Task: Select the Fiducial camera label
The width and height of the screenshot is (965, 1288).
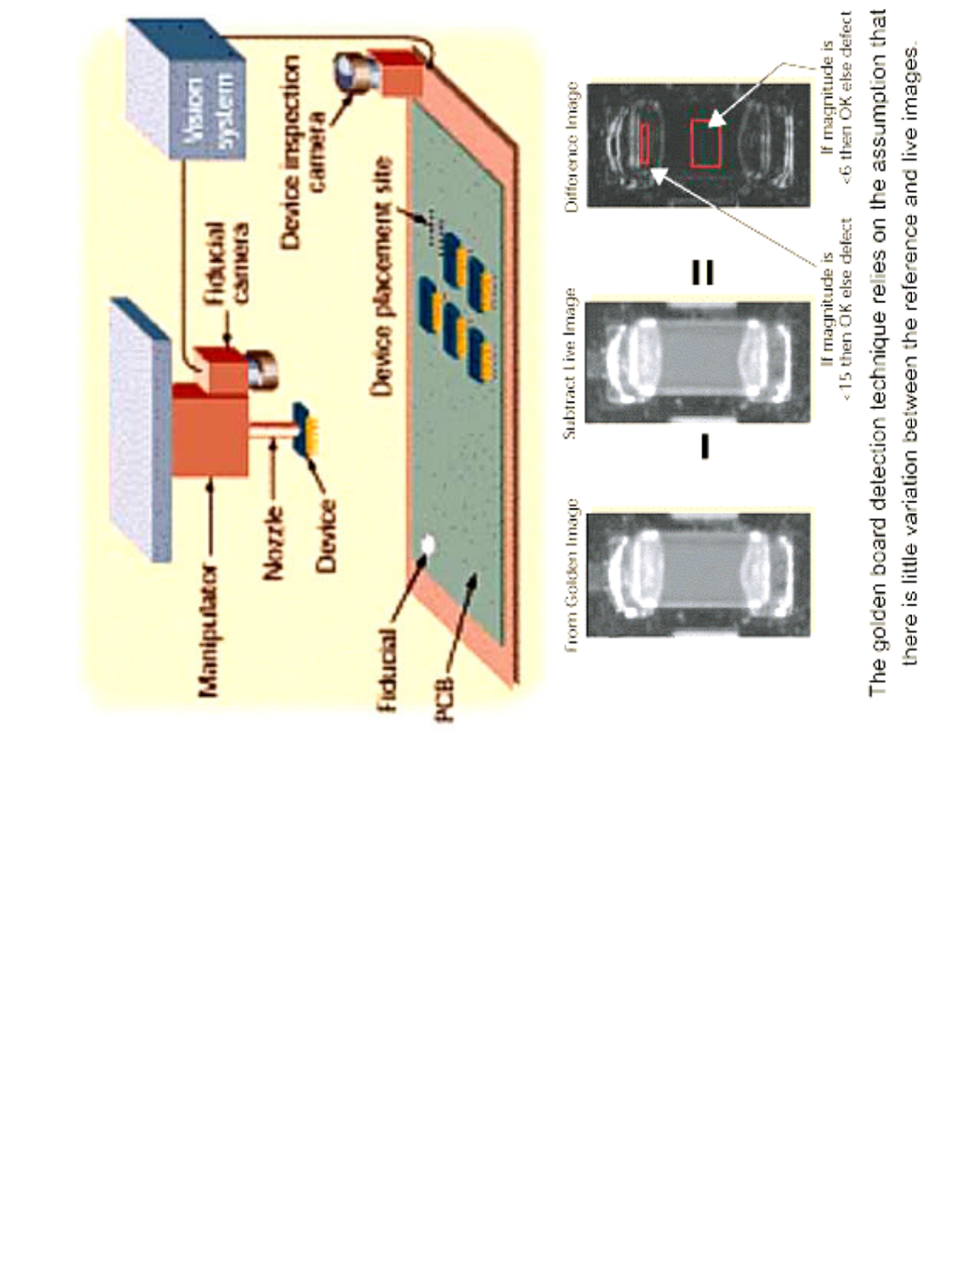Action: (229, 260)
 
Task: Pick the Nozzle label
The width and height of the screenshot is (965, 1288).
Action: (274, 543)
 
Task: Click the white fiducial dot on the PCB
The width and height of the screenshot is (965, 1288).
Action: (427, 544)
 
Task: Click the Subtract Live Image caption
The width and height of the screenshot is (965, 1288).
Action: (569, 363)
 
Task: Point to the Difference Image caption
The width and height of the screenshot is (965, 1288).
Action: (571, 148)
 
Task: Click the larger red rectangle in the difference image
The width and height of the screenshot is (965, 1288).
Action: (706, 142)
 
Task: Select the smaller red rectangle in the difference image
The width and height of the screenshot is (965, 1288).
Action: (644, 144)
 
